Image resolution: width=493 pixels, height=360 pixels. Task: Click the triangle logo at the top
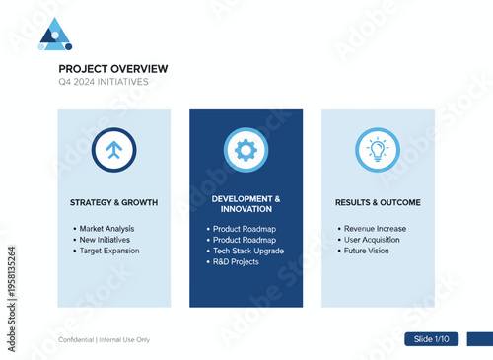click(x=55, y=35)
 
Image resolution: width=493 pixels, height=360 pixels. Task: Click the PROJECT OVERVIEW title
click(x=112, y=68)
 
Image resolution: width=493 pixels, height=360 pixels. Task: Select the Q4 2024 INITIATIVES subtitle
click(x=104, y=82)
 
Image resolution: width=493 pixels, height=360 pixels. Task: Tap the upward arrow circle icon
click(x=113, y=150)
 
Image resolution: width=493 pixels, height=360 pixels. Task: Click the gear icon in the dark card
click(x=246, y=150)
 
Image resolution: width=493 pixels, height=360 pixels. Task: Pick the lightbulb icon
click(x=378, y=150)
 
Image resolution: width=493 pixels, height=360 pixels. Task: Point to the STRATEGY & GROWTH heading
click(x=113, y=202)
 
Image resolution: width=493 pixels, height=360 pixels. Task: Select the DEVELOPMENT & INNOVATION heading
click(x=246, y=203)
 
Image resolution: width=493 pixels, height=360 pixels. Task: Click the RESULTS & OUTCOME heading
click(x=378, y=202)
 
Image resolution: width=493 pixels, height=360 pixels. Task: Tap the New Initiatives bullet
click(x=106, y=240)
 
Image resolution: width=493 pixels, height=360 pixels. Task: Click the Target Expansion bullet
click(x=109, y=251)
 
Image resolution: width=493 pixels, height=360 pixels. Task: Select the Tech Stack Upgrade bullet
click(x=248, y=251)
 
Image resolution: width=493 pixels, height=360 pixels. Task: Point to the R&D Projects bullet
click(x=236, y=261)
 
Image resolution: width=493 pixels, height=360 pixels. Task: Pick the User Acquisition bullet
click(x=372, y=240)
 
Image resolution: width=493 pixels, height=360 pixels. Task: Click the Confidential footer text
click(x=104, y=339)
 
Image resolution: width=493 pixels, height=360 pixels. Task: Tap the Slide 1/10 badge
click(x=431, y=338)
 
